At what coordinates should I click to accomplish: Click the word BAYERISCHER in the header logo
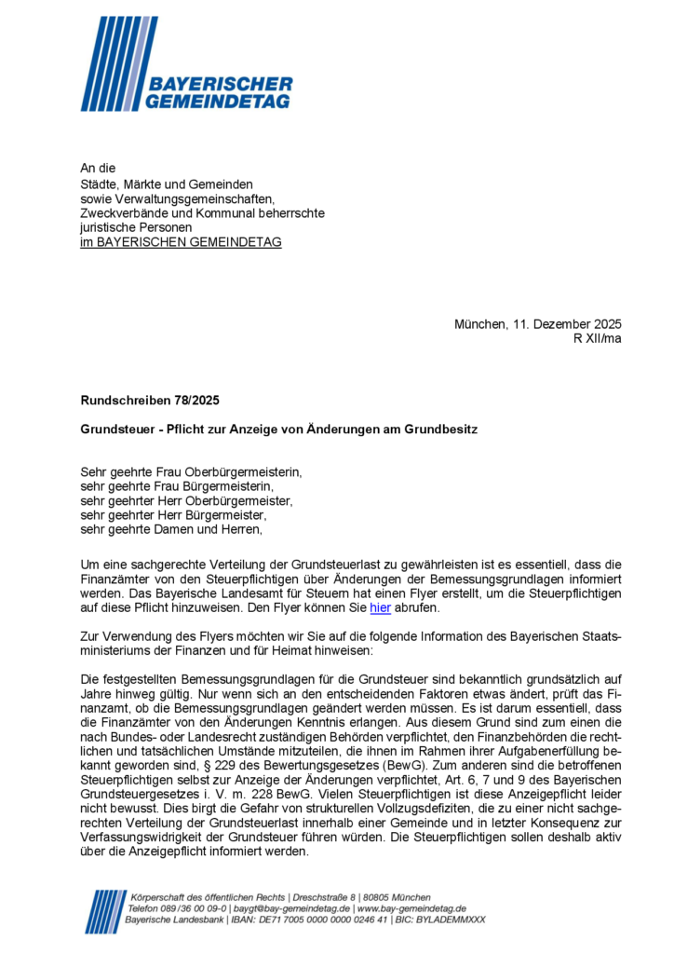pyautogui.click(x=221, y=85)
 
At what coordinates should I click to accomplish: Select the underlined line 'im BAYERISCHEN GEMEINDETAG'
pyautogui.click(x=181, y=242)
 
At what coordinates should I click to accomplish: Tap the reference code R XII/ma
pyautogui.click(x=598, y=338)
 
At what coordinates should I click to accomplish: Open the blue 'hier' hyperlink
pyautogui.click(x=380, y=608)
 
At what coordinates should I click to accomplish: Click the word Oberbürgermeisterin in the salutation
pyautogui.click(x=247, y=471)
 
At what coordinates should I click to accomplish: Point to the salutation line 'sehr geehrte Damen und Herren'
pyautogui.click(x=171, y=530)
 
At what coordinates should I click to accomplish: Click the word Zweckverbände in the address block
pyautogui.click(x=121, y=212)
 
